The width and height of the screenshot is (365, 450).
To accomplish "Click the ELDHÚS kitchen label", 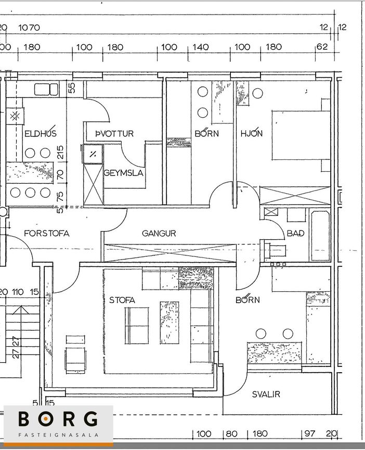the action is tap(41, 133).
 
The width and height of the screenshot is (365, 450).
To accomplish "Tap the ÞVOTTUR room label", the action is tap(114, 133).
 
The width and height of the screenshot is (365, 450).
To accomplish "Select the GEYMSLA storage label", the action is tap(123, 173).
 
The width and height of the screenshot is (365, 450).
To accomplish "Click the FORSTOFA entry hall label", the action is tap(47, 234).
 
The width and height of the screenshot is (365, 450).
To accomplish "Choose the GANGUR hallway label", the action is tap(159, 234).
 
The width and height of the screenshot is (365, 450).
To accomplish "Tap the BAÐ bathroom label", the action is tap(295, 233).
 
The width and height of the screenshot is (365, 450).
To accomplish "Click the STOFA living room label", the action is tap(122, 300).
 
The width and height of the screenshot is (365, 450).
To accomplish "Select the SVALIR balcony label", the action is tap(266, 394).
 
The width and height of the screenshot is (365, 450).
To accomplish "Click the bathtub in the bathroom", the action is tap(320, 236).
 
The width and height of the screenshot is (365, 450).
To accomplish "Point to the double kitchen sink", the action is tap(46, 89).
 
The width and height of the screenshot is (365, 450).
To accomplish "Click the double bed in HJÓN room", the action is tap(301, 135).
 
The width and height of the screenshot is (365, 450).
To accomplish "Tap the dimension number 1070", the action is tap(29, 28).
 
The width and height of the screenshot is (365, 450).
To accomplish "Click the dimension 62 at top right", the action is tap(322, 47).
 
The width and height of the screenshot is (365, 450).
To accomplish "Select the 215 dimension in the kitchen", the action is tap(60, 153).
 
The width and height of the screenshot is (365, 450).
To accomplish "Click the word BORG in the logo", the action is tap(58, 419).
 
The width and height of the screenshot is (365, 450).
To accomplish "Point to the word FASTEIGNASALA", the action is tap(58, 435).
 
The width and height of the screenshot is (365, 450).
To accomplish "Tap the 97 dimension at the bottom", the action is tap(310, 433).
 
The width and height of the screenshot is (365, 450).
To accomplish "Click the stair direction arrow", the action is tap(21, 342).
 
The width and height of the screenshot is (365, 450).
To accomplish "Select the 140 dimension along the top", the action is tap(201, 47).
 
